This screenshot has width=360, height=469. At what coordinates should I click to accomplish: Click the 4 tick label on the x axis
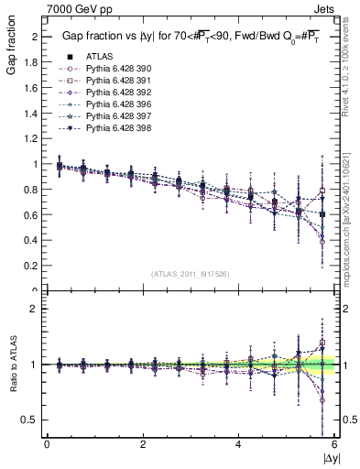pos(238,444)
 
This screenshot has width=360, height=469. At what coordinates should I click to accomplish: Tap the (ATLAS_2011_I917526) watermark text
pos(190,274)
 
